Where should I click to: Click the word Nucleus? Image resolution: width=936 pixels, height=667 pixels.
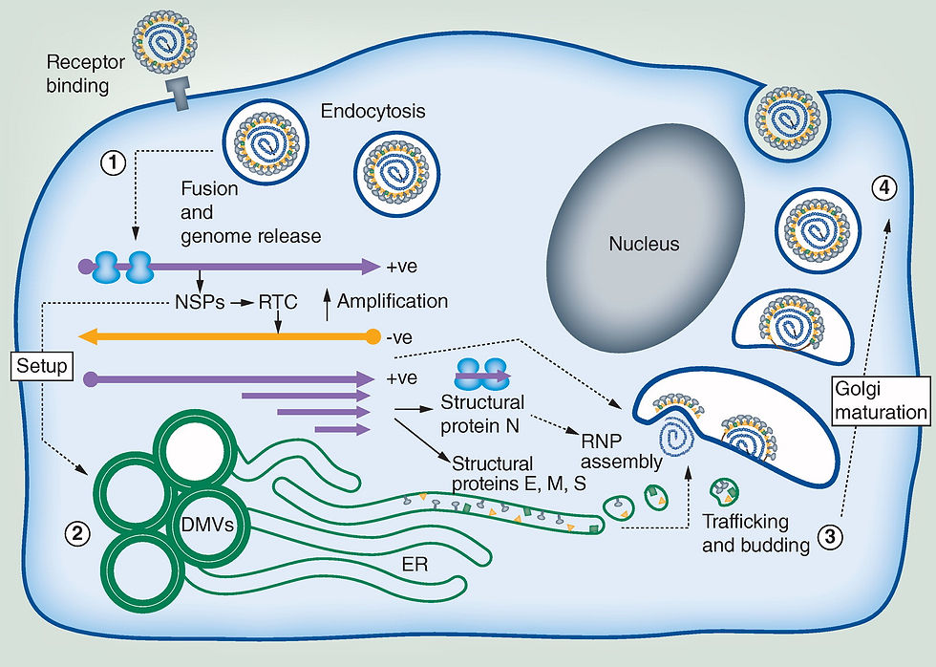pyautogui.click(x=644, y=244)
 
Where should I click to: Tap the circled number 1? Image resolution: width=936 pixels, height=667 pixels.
pyautogui.click(x=113, y=161)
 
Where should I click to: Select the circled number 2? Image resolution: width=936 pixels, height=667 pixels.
pyautogui.click(x=77, y=533)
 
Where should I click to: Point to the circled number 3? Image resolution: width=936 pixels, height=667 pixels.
pyautogui.click(x=830, y=537)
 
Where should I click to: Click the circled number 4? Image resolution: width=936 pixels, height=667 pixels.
pyautogui.click(x=884, y=188)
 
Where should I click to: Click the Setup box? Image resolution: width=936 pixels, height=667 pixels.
pyautogui.click(x=42, y=365)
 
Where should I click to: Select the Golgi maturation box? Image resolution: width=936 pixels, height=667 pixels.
pyautogui.click(x=881, y=400)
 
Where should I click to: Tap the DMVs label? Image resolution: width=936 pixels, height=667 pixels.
pyautogui.click(x=207, y=525)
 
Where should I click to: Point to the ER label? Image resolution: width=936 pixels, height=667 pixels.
pyautogui.click(x=415, y=565)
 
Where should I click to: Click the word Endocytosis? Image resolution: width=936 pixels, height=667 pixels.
pyautogui.click(x=373, y=111)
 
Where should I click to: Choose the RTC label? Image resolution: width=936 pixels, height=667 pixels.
pyautogui.click(x=278, y=302)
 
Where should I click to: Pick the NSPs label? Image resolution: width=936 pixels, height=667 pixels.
pyautogui.click(x=200, y=302)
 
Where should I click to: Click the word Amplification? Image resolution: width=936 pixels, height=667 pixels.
pyautogui.click(x=393, y=301)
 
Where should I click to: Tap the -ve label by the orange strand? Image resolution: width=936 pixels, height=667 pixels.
pyautogui.click(x=399, y=338)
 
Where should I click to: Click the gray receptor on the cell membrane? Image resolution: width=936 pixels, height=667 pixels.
pyautogui.click(x=179, y=93)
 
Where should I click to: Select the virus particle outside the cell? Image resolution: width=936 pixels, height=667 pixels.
pyautogui.click(x=164, y=42)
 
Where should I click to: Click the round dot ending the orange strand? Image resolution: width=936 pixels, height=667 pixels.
pyautogui.click(x=373, y=336)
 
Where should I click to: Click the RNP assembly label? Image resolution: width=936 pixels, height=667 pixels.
pyautogui.click(x=622, y=451)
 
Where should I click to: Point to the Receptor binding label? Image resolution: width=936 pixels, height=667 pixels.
pyautogui.click(x=85, y=74)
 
